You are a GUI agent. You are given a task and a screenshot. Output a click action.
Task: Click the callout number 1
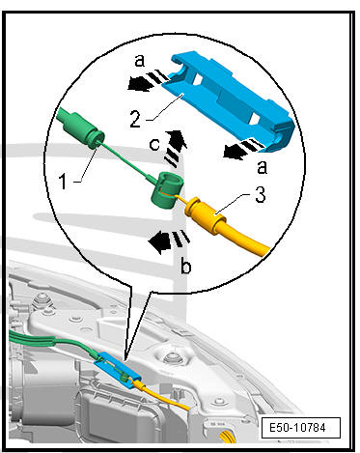point(64,182)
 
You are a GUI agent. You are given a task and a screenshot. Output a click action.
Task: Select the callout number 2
point(135,118)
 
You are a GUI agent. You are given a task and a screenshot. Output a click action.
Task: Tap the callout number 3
point(261,195)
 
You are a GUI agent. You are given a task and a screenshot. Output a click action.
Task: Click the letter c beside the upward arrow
point(154,145)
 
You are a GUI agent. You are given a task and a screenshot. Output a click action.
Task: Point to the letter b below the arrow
point(186,266)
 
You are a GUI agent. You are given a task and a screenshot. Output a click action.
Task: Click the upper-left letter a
point(139,60)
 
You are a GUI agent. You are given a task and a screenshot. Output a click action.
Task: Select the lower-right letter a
point(263,167)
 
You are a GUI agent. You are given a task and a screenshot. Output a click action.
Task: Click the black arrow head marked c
point(177,139)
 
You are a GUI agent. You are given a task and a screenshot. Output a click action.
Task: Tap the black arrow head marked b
point(159,242)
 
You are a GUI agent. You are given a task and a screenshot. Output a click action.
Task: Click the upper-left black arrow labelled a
point(138,85)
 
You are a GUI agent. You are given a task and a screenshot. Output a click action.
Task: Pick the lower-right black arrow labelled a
point(234,152)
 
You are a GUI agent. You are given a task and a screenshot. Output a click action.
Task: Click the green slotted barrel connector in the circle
point(167,190)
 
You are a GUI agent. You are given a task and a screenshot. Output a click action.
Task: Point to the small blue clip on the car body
point(118,369)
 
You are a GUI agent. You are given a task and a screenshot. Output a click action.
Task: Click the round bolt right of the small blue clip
point(171,358)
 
